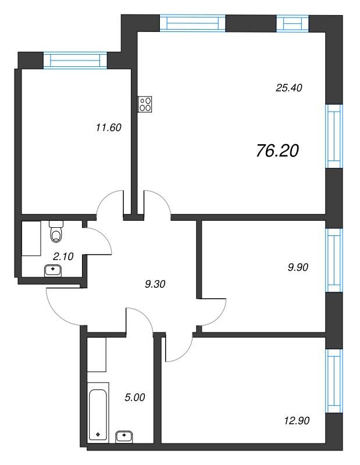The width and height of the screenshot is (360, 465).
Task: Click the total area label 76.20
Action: pos(277,151)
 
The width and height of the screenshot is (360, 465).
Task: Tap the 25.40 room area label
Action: pos(289,88)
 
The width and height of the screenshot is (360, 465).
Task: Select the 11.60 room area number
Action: pos(109,127)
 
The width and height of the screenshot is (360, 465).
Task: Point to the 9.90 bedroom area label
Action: pos(298,267)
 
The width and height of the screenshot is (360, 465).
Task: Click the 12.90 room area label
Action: pos(297,420)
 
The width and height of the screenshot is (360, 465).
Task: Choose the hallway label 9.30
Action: pos(155,284)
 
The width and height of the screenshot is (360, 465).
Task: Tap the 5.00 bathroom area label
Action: pos(135,398)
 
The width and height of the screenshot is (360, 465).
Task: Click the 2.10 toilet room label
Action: pos(63,256)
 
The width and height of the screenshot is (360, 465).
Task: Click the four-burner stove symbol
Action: pos(145,104)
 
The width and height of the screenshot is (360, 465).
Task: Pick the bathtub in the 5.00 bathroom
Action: pos(98,413)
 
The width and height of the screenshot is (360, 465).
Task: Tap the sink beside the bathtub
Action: pos(124,437)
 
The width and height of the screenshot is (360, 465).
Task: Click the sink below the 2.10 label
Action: pos(53,271)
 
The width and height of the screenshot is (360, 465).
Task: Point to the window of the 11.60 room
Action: pos(75,60)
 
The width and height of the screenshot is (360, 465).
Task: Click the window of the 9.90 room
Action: pos(334,260)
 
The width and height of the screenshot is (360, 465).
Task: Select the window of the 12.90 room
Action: pos(334,381)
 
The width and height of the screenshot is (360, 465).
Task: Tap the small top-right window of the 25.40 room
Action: pos(293,23)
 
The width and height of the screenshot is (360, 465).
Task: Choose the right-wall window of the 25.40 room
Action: pos(334,136)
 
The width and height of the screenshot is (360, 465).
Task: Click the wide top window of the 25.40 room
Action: pos(193,23)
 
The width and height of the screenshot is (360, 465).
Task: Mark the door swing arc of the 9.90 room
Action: pos(220,315)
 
